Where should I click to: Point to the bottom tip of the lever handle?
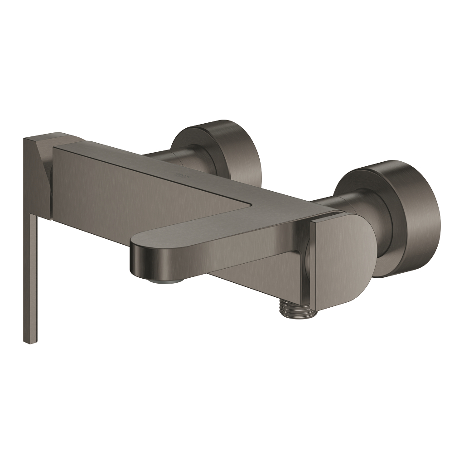[x=29, y=341]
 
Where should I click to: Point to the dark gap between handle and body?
[x=49, y=181]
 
